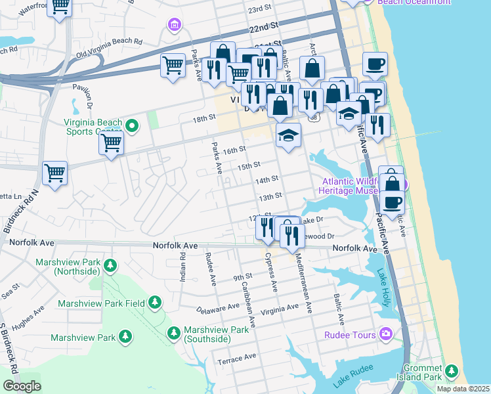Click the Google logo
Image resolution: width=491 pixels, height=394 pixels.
pyautogui.click(x=22, y=386)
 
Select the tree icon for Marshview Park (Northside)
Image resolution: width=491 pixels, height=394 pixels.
pyautogui.click(x=110, y=266)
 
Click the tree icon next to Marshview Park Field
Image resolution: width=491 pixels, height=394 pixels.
pyautogui.click(x=154, y=303)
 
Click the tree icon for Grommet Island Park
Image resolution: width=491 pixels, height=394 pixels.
pyautogui.click(x=450, y=372)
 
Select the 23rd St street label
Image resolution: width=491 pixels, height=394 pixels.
pyautogui.click(x=259, y=9)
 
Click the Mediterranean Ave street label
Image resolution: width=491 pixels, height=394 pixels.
pyautogui.click(x=302, y=277)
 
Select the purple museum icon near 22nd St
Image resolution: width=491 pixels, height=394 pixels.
pyautogui.click(x=174, y=25)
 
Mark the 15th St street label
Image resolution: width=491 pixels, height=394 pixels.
pyautogui.click(x=249, y=165)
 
